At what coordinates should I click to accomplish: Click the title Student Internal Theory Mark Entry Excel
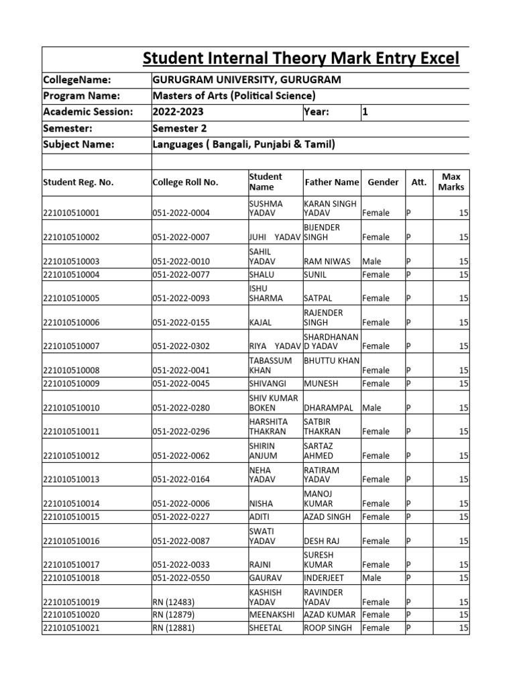[301, 59]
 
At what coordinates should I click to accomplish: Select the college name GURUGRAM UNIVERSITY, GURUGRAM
[247, 80]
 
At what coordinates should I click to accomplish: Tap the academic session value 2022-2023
[178, 112]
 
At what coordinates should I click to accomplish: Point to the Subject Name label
[78, 144]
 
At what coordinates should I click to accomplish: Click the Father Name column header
[332, 182]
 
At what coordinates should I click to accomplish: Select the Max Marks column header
[451, 182]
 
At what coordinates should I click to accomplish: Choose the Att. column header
[418, 182]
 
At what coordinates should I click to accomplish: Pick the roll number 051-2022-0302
[181, 346]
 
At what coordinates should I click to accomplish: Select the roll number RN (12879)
[174, 615]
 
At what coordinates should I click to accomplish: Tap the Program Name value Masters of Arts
[234, 96]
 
